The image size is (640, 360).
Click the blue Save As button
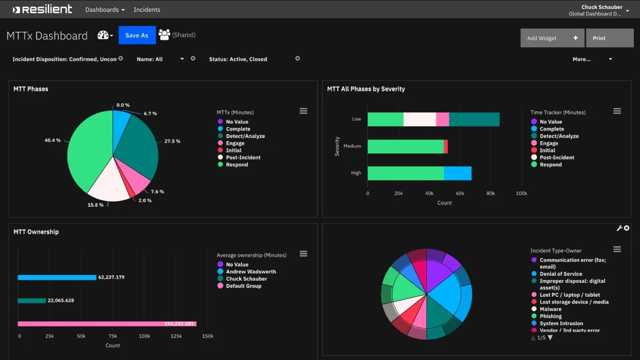[137, 35]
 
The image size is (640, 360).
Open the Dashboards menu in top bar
[104, 10]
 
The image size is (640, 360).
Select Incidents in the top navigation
[146, 10]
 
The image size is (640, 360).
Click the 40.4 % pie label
[52, 140]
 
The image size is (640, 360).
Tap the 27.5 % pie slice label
[172, 141]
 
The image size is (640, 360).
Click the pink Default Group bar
[107, 324]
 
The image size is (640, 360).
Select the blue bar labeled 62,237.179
[57, 277]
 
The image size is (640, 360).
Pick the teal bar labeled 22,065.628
[32, 300]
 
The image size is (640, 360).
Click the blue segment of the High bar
[458, 173]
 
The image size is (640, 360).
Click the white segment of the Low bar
[419, 120]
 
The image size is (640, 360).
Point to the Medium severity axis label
[352, 146]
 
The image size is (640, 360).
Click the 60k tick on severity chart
[460, 194]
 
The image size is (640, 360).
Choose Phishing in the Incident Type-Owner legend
[551, 316]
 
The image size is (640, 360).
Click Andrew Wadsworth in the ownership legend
[251, 272]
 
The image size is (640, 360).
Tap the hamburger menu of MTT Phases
[303, 111]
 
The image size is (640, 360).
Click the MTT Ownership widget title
[36, 232]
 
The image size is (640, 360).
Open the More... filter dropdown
[592, 59]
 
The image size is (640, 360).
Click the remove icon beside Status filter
[297, 59]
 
